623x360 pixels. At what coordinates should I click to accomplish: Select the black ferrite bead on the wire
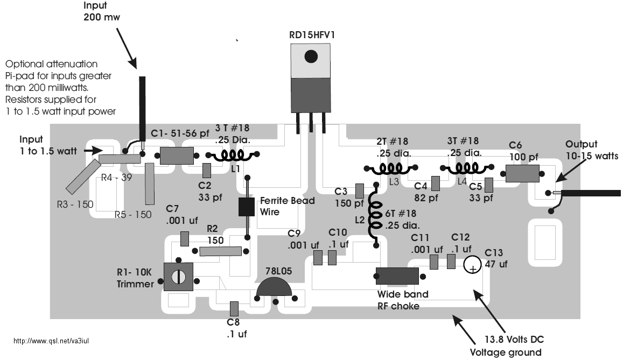(x=247, y=207)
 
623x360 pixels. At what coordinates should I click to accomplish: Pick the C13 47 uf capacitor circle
(x=472, y=264)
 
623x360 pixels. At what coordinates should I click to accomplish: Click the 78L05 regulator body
(x=274, y=288)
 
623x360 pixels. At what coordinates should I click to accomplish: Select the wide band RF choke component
(x=397, y=276)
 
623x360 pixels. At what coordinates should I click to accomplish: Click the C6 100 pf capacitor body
(x=522, y=174)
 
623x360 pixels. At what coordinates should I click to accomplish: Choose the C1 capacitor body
(x=177, y=156)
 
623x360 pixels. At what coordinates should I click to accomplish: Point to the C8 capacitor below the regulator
(x=234, y=309)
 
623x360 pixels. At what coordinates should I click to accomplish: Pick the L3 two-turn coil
(x=390, y=168)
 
